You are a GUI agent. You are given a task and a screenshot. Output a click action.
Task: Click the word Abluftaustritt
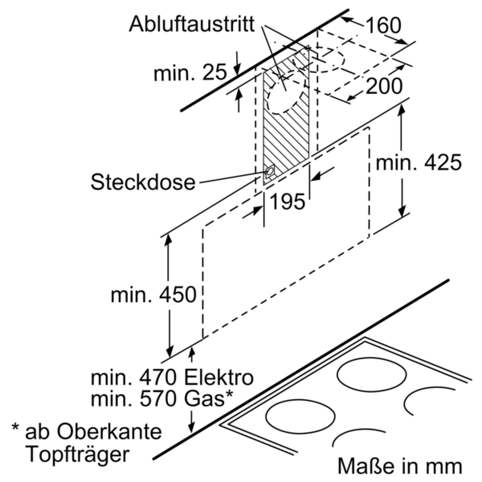pos(192,25)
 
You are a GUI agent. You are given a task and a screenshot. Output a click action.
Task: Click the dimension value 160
pos(383,26)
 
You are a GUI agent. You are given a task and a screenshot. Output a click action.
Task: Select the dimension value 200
pos(384,86)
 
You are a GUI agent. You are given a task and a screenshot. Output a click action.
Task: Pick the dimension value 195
pos(287,201)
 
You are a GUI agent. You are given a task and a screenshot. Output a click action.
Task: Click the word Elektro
pos(219,378)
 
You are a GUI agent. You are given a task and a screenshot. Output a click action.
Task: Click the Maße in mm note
pos(399,466)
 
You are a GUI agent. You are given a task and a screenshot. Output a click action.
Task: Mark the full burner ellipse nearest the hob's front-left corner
pos(300,418)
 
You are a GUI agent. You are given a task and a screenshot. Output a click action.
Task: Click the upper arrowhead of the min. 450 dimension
pos(169,238)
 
